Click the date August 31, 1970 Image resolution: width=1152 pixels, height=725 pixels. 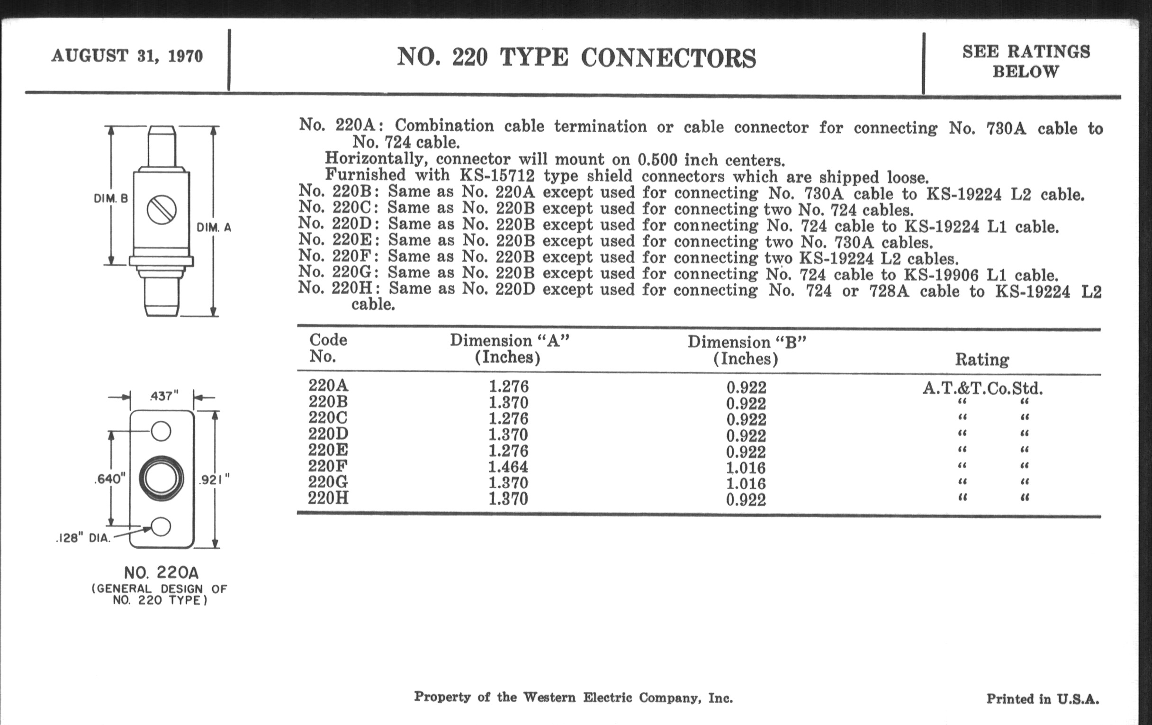pyautogui.click(x=127, y=56)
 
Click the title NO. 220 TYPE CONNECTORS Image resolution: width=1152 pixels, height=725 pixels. pyautogui.click(x=576, y=58)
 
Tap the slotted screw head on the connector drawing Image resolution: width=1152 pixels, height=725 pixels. pyautogui.click(x=161, y=209)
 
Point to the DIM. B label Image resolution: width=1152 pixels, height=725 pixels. pyautogui.click(x=111, y=198)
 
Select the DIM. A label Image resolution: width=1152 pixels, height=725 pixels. pyautogui.click(x=214, y=227)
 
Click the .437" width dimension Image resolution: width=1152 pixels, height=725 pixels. pyautogui.click(x=163, y=396)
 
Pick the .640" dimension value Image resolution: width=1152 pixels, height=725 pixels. pyautogui.click(x=109, y=479)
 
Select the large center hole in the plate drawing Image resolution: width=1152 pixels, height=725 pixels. pyautogui.click(x=161, y=479)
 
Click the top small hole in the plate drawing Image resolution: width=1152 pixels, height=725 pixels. pyautogui.click(x=161, y=431)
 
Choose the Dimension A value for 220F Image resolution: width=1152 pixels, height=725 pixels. pyautogui.click(x=508, y=467)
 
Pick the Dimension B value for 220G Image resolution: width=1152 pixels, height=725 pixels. pyautogui.click(x=746, y=483)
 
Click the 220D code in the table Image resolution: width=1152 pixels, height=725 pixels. pyautogui.click(x=328, y=434)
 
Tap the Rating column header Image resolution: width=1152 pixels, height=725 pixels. pyautogui.click(x=981, y=359)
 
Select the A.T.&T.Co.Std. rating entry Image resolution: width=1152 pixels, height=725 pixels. pyautogui.click(x=982, y=388)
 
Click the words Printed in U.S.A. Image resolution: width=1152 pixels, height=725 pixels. pyautogui.click(x=1043, y=699)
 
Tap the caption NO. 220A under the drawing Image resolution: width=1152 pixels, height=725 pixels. pyautogui.click(x=161, y=572)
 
